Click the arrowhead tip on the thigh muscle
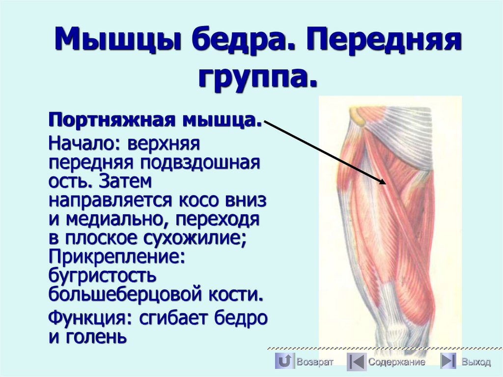click(x=386, y=183)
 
